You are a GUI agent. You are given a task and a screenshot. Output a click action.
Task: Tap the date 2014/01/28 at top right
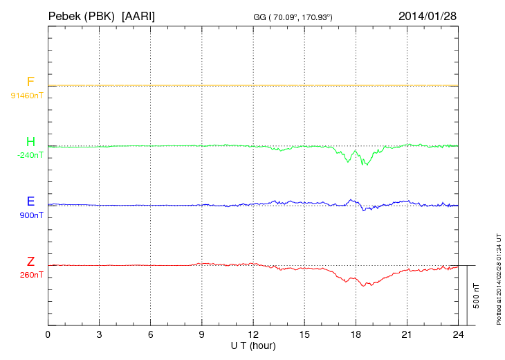428,15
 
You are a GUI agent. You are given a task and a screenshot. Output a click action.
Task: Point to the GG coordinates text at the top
293,16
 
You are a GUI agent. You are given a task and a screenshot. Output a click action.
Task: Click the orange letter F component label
30,82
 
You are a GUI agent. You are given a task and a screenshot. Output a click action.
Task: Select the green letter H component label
30,142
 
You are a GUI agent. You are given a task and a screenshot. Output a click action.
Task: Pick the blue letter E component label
30,201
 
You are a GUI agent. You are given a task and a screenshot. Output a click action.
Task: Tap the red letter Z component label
30,261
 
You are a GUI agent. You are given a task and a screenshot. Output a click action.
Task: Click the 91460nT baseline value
26,96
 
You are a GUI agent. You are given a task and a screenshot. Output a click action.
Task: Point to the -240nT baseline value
30,155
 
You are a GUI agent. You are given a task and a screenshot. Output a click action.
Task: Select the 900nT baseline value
32,215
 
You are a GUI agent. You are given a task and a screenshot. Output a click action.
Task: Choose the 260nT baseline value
32,275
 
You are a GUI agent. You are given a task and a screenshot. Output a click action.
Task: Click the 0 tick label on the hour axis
48,335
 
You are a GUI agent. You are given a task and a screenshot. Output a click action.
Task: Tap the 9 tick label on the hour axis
202,335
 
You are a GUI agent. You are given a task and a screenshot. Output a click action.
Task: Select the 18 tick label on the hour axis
356,335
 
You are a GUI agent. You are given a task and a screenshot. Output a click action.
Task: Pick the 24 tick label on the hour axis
458,335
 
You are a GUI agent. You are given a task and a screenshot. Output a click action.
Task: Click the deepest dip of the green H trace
365,165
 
